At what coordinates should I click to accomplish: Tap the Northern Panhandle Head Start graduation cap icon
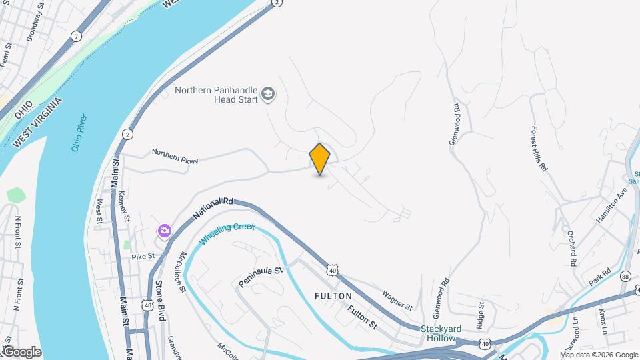click(x=269, y=94)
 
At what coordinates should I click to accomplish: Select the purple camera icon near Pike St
click(x=164, y=231)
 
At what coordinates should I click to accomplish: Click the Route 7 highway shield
click(x=77, y=36)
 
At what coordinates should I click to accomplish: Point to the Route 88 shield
click(x=625, y=275)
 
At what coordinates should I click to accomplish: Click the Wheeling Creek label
click(x=227, y=233)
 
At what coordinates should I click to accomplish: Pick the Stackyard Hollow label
click(x=445, y=334)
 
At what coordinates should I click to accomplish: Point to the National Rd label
click(x=213, y=208)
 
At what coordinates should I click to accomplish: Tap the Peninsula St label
click(x=261, y=278)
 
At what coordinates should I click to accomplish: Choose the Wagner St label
click(x=398, y=299)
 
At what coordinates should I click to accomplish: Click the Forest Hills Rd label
click(x=539, y=149)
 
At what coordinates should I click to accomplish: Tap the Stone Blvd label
click(x=160, y=299)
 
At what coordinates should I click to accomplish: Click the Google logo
click(x=21, y=352)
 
